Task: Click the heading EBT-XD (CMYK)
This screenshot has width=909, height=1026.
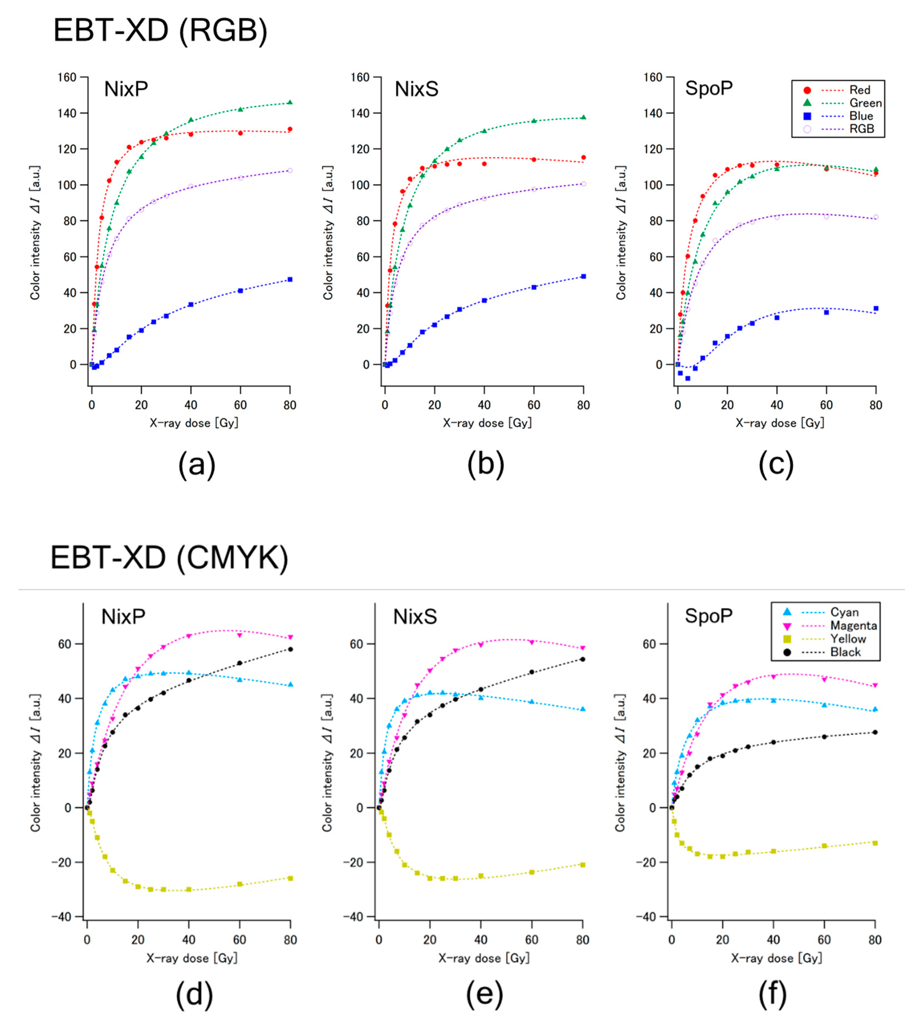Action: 170,558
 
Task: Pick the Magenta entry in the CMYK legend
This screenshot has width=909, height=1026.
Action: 853,625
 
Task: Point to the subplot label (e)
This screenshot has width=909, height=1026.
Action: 484,995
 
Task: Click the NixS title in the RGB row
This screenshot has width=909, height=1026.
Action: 417,89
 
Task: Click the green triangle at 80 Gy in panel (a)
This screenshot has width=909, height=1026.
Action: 290,102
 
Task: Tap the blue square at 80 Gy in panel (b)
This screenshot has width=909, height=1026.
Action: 583,277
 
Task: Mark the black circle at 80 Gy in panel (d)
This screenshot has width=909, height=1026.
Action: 290,649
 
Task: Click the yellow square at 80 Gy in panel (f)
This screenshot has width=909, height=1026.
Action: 875,843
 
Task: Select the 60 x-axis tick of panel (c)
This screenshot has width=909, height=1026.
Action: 826,405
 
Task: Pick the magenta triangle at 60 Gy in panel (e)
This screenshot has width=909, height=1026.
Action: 532,642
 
